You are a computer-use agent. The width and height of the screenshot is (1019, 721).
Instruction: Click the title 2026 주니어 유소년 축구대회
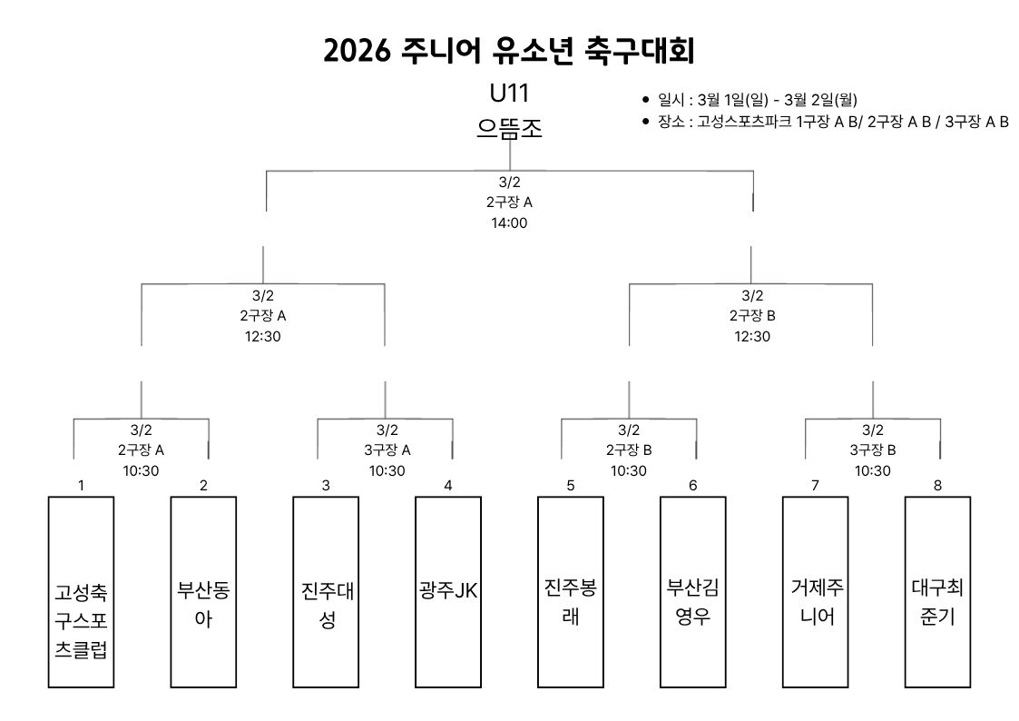pos(509,51)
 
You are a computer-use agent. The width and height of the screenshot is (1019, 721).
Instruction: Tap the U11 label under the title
pos(508,94)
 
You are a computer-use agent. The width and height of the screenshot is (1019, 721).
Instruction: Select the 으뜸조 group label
pos(508,128)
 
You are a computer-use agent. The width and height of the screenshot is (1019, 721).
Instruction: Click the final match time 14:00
pos(508,222)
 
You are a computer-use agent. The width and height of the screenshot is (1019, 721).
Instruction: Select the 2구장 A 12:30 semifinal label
pos(263,316)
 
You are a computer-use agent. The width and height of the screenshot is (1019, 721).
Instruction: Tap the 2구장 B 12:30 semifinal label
pos(752,316)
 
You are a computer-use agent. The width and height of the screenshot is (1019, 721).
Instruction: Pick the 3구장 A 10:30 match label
pos(387,449)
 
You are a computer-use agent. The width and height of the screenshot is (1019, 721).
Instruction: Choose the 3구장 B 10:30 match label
pos(872,449)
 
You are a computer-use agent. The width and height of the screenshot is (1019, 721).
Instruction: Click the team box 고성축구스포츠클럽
pos(81,591)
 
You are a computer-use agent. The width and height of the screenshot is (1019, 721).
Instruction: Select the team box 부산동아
pos(203,591)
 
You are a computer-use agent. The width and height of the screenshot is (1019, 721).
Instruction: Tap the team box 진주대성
pos(326,591)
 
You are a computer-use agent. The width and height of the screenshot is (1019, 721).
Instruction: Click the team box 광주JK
pos(448,591)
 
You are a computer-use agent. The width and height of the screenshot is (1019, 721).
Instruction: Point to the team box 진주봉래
pos(571,591)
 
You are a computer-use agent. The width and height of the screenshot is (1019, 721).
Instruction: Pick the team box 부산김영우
pos(693,591)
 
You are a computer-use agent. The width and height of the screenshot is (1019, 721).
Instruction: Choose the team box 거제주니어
pos(816,591)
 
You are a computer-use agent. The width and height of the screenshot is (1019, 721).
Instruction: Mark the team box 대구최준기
pos(937,591)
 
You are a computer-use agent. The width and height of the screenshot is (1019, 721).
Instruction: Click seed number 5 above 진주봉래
pos(571,485)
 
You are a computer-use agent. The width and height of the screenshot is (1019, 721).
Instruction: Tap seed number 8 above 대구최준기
pos(937,485)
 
